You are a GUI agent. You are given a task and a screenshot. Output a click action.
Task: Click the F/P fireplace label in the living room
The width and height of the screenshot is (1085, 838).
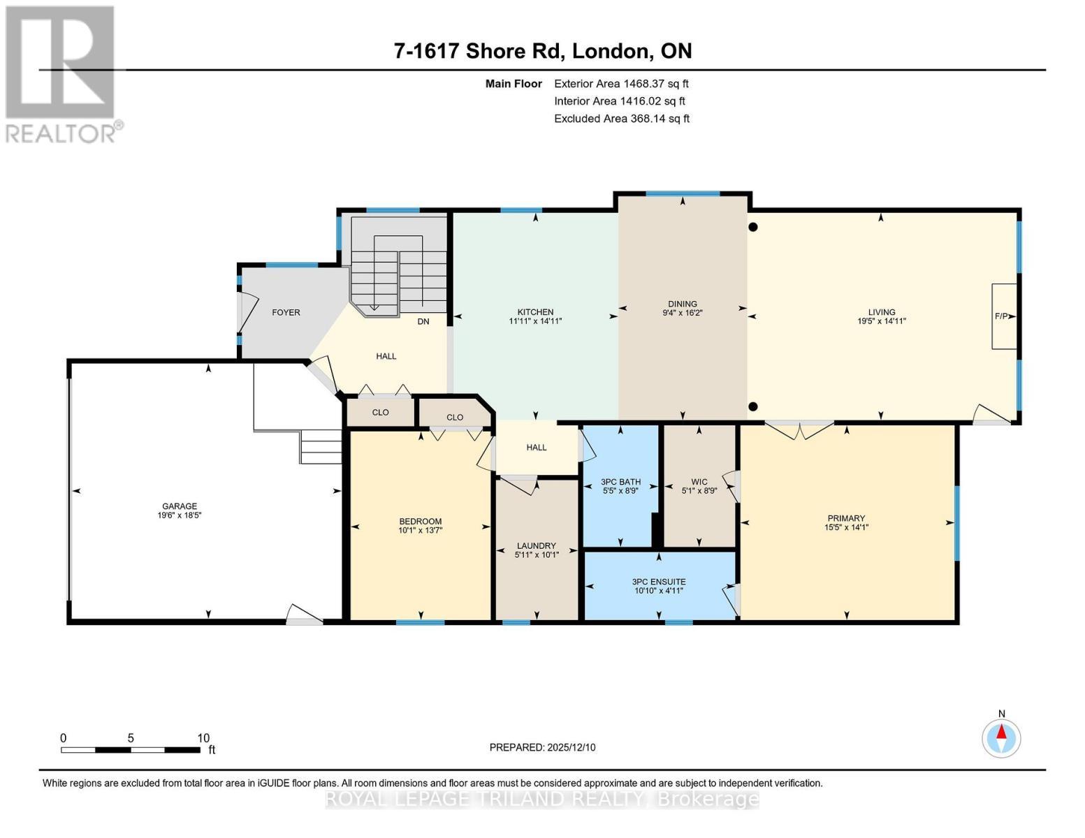pyautogui.click(x=1000, y=316)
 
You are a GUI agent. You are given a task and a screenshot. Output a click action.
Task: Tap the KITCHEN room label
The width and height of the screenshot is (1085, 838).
pyautogui.click(x=535, y=312)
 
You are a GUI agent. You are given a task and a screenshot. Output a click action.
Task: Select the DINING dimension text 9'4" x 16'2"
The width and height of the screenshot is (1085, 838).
pyautogui.click(x=682, y=314)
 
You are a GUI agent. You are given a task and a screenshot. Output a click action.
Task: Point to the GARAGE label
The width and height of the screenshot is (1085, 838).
pyautogui.click(x=180, y=506)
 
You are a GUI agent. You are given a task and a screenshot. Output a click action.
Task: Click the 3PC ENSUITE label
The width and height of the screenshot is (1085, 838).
pyautogui.click(x=658, y=582)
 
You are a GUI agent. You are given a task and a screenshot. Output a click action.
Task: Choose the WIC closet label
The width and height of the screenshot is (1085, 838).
pyautogui.click(x=699, y=482)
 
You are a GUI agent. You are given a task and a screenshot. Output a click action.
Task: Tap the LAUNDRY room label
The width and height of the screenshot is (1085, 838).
pyautogui.click(x=536, y=546)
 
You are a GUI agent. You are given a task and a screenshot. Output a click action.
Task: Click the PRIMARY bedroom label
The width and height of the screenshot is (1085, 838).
pyautogui.click(x=845, y=518)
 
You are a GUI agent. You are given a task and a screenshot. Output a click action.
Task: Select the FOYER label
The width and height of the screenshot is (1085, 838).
pyautogui.click(x=286, y=312)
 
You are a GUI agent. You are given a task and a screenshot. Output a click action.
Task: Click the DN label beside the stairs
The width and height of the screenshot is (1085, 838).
pyautogui.click(x=423, y=321)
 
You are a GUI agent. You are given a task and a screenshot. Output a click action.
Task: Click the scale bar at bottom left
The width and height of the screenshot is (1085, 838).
pyautogui.click(x=131, y=750)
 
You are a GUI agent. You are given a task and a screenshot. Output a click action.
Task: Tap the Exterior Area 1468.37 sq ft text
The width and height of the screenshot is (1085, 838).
pyautogui.click(x=621, y=84)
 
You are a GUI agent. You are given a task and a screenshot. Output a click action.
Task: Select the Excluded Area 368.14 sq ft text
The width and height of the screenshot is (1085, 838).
pyautogui.click(x=621, y=119)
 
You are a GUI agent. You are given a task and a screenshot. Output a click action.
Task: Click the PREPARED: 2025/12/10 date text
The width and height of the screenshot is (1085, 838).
pyautogui.click(x=542, y=747)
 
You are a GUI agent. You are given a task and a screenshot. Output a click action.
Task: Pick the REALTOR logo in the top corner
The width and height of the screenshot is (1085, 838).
pyautogui.click(x=61, y=73)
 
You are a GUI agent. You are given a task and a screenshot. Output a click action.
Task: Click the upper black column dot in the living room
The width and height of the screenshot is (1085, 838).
pyautogui.click(x=753, y=227)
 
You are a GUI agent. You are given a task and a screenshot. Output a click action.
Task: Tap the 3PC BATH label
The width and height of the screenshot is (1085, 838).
pyautogui.click(x=620, y=482)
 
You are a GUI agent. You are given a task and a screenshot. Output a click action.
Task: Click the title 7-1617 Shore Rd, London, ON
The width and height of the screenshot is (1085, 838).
pyautogui.click(x=543, y=51)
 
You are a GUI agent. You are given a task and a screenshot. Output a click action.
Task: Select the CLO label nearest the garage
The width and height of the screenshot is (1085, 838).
pyautogui.click(x=380, y=412)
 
